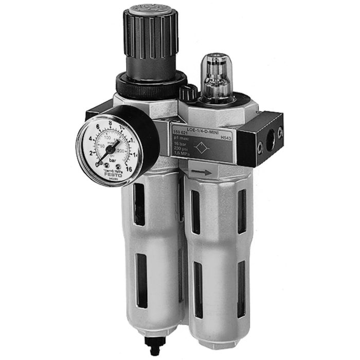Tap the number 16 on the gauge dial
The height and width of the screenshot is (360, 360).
pyautogui.click(x=129, y=167)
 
